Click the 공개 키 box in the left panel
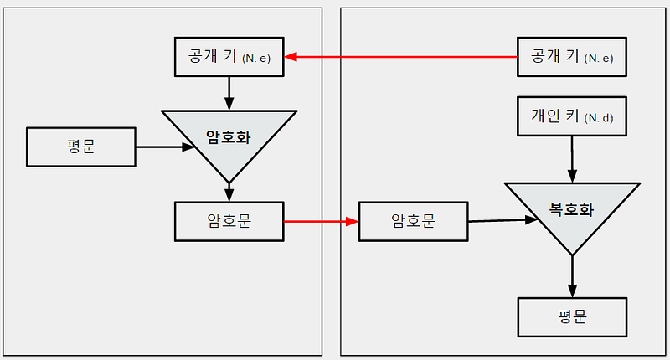click(x=229, y=57)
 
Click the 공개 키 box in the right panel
click(x=572, y=57)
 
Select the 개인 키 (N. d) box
click(x=572, y=116)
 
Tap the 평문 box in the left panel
click(x=81, y=147)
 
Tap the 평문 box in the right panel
click(x=572, y=317)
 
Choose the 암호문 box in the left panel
click(x=229, y=222)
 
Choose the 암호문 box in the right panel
click(x=413, y=222)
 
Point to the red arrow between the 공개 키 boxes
click(x=401, y=57)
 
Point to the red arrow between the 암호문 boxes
click(x=322, y=221)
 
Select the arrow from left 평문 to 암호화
click(x=165, y=147)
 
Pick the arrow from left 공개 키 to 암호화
click(x=229, y=94)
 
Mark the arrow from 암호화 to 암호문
click(x=229, y=193)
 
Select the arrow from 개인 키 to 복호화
click(x=572, y=159)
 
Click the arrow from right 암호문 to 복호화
click(x=503, y=220)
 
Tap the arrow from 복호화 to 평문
click(x=572, y=276)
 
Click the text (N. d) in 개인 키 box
click(x=599, y=118)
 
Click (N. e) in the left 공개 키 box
click(x=256, y=59)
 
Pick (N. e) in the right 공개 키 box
click(x=599, y=59)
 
